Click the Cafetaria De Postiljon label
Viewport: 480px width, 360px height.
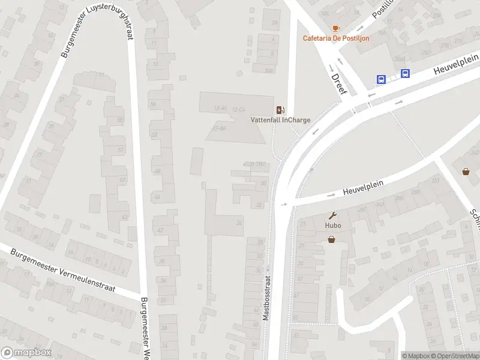point(335,38)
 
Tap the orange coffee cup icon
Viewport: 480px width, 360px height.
point(335,28)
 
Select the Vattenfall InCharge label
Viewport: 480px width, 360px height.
point(280,119)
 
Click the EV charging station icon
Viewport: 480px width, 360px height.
point(280,110)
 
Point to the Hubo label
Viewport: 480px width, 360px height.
point(332,226)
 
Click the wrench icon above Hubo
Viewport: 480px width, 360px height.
point(332,215)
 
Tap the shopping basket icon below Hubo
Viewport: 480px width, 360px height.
point(331,239)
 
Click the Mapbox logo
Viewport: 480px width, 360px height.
point(26,353)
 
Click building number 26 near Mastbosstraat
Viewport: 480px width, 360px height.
point(239,223)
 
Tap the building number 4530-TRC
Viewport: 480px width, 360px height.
point(255,165)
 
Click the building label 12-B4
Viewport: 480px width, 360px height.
point(220,128)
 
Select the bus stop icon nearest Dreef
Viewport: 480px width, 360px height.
point(381,79)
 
